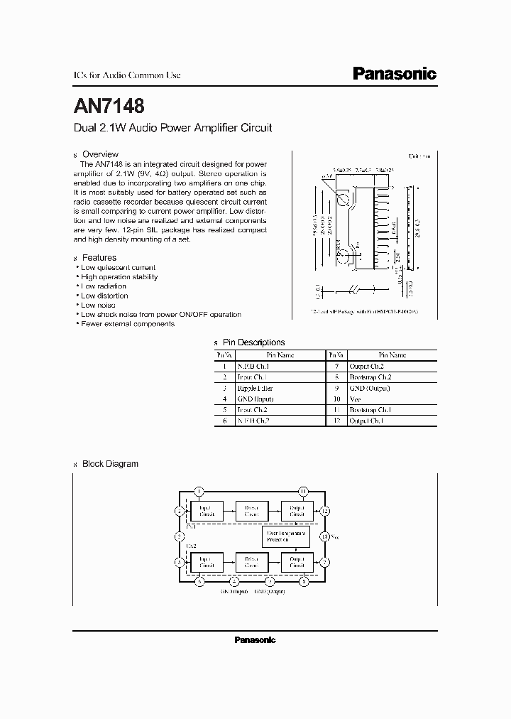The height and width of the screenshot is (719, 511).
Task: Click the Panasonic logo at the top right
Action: coord(395,74)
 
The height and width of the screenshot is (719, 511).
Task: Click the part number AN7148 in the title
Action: coord(109,107)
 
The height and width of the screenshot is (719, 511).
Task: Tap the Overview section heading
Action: coord(100,154)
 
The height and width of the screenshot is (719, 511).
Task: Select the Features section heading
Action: coord(99,258)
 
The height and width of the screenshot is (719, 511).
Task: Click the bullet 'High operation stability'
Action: coord(119,277)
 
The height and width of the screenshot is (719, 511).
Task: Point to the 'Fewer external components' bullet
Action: coord(127,324)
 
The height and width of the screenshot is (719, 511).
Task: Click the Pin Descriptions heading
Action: coord(253,342)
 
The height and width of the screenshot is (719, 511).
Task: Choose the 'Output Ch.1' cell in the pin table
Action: coord(366,421)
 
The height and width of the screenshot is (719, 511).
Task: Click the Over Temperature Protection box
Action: coord(287,536)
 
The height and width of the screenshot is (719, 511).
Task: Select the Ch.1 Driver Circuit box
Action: coord(251,511)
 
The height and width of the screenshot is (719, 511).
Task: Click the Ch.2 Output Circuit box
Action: coord(297,563)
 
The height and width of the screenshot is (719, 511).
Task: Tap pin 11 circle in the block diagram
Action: coord(303,491)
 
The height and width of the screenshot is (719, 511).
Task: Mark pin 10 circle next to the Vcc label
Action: coord(325,536)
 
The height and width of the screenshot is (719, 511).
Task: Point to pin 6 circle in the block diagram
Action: coord(200,582)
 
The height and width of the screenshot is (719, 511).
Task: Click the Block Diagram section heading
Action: coord(110,464)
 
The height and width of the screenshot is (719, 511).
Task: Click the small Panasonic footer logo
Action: coord(255,640)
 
